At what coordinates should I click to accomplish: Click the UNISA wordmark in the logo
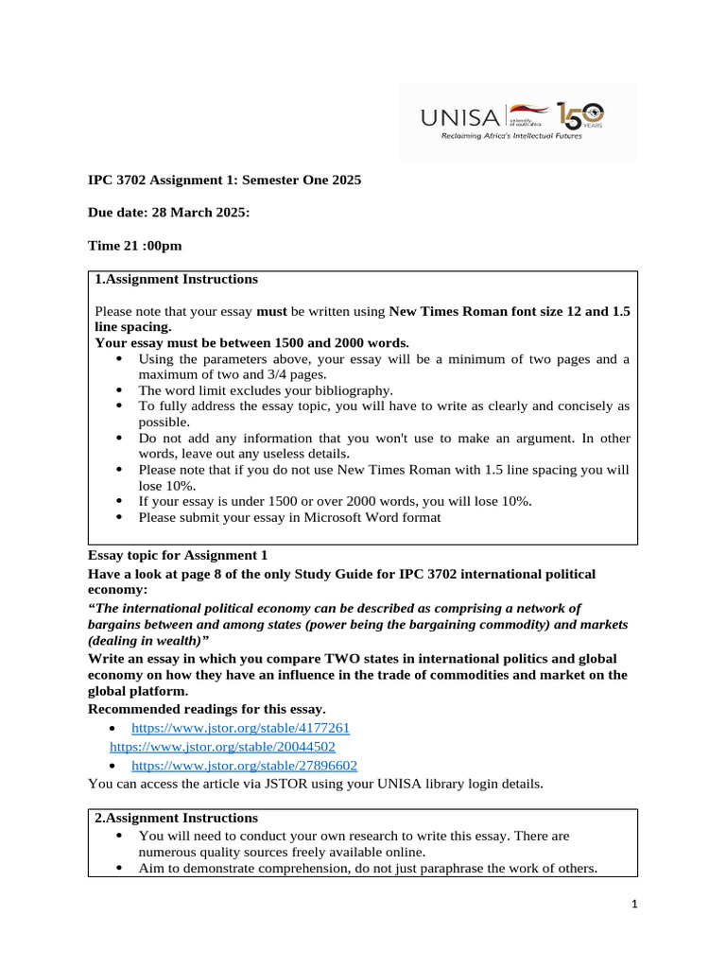point(462,117)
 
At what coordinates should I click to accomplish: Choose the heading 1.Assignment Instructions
point(176,279)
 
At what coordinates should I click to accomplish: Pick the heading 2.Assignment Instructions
point(176,818)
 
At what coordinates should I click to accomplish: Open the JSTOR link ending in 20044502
point(223,746)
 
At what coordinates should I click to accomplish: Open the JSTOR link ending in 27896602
point(244,765)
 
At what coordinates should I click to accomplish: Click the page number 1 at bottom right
point(635,905)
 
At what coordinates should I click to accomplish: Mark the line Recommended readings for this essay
point(206,709)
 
